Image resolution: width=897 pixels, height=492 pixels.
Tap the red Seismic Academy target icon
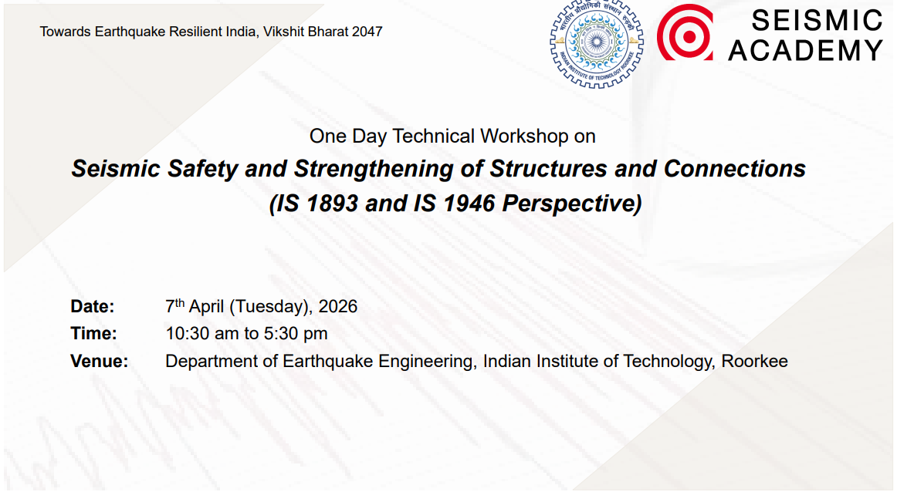(685, 32)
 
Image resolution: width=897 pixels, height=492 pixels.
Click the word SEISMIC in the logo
(806, 20)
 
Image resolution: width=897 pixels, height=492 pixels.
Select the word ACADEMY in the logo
(806, 50)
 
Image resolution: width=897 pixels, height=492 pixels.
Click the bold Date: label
(93, 306)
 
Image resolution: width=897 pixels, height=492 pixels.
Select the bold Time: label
(93, 334)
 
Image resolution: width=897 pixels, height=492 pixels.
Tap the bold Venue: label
(100, 361)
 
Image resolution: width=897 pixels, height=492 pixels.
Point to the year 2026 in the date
(338, 306)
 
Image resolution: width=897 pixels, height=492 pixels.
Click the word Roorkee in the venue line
(754, 361)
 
